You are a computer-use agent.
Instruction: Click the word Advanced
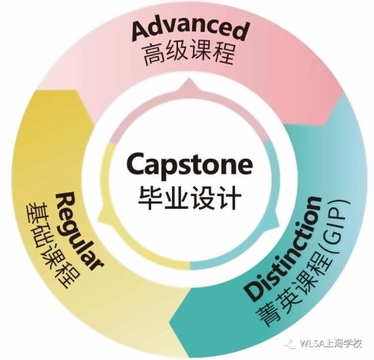[x=190, y=31]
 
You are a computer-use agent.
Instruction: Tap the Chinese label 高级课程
[x=189, y=54]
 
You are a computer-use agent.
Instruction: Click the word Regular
[x=79, y=231]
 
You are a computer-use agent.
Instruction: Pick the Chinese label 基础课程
[x=53, y=245]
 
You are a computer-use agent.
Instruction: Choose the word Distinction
[x=283, y=249]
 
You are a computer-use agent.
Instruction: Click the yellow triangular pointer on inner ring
[x=103, y=215]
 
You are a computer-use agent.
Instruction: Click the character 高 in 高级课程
[x=153, y=55]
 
